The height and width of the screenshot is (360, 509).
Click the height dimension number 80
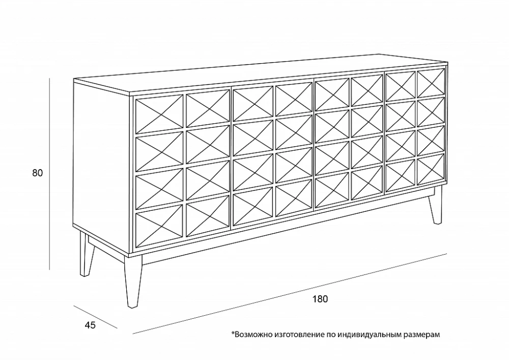click(37, 173)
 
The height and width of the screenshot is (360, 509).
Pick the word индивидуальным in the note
click(369, 335)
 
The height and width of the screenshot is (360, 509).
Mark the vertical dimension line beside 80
click(49, 173)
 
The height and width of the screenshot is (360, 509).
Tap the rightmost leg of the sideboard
click(435, 206)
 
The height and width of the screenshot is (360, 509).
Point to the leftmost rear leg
click(85, 255)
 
